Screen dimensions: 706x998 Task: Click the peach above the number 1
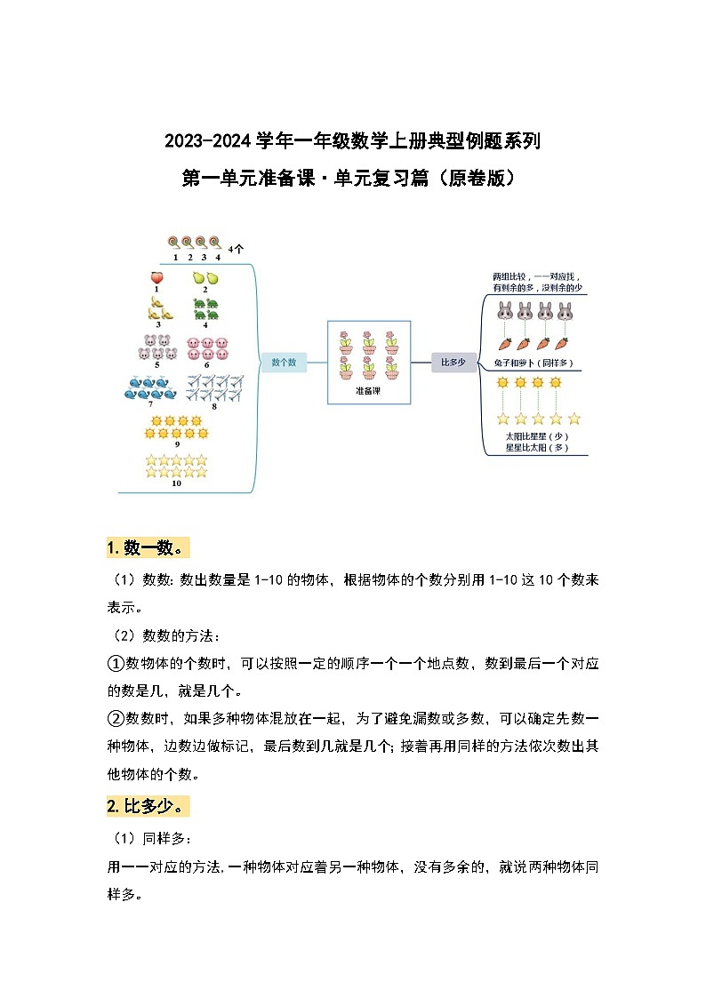point(157,277)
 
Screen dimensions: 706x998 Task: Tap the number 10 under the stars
point(176,483)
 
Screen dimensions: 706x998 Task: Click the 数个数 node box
point(283,362)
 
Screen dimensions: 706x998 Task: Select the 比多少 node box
point(453,362)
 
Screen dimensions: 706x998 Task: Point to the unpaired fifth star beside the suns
point(574,419)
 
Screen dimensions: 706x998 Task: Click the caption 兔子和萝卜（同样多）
point(534,363)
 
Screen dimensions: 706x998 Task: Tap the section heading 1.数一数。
point(146,547)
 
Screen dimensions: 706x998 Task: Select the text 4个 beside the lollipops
point(236,250)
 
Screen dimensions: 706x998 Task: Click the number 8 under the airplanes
point(213,407)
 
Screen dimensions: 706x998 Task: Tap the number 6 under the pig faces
point(206,363)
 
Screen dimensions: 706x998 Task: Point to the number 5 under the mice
point(157,363)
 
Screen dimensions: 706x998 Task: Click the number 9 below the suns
point(177,443)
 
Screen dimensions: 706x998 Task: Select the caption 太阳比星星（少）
point(536,436)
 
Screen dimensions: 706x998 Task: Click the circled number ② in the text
point(115,718)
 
